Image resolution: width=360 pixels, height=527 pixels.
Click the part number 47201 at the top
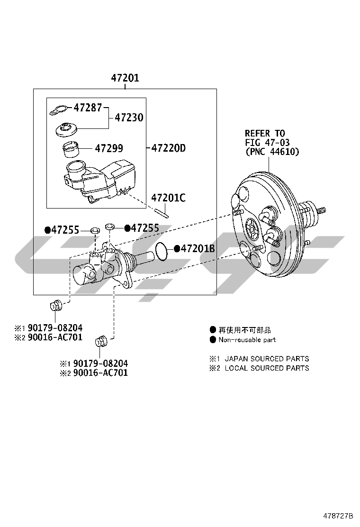tap(125, 78)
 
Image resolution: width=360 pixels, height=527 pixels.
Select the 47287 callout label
tap(88, 108)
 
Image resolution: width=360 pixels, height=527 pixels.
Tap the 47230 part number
tap(129, 118)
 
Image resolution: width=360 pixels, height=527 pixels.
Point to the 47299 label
tap(108, 148)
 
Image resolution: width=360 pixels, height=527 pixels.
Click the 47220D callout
tap(169, 148)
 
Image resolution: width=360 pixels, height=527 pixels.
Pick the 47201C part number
tap(168, 198)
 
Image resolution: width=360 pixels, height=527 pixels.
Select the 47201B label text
tap(198, 248)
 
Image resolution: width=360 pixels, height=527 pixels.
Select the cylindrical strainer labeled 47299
tap(72, 149)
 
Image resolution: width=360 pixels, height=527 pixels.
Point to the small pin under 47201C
tap(161, 212)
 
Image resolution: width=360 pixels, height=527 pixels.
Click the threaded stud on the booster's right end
tap(321, 209)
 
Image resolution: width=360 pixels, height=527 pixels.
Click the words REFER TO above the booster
tap(265, 133)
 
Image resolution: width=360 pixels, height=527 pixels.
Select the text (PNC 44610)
tap(272, 152)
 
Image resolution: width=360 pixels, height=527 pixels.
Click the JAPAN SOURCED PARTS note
tap(266, 359)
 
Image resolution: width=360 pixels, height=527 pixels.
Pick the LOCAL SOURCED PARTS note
tap(266, 368)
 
